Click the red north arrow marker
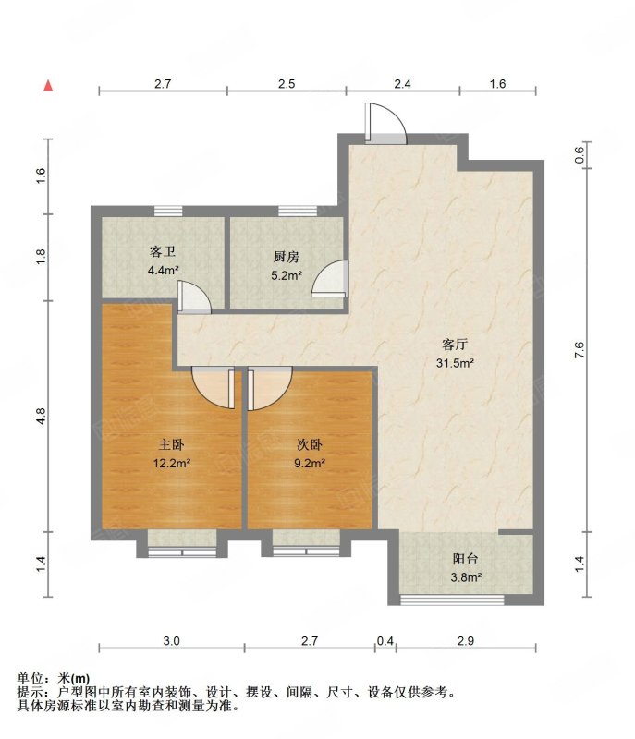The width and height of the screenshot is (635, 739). (x=48, y=86)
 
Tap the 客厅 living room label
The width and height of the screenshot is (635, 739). (x=455, y=345)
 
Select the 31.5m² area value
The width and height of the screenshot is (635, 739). (x=455, y=363)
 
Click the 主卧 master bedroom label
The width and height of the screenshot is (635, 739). (x=171, y=444)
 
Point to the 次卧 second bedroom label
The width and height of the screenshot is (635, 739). (x=310, y=444)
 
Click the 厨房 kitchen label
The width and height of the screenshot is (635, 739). (x=287, y=257)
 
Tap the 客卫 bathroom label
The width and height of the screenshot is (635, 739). (x=163, y=251)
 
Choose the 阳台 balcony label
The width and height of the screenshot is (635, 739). (x=465, y=559)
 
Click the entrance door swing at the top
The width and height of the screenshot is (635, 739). (x=385, y=124)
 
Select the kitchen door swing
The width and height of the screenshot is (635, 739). (x=330, y=279)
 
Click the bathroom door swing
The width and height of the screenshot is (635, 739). (x=194, y=297)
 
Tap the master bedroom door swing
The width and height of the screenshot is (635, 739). (x=214, y=388)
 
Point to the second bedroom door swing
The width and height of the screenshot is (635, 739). (x=270, y=388)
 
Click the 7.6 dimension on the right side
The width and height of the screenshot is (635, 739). (x=580, y=350)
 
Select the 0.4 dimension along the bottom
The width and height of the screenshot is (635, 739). (x=385, y=641)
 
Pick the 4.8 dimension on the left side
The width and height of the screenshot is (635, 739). (x=41, y=417)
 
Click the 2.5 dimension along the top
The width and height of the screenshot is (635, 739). (x=287, y=84)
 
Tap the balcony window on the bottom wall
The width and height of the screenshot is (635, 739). (x=452, y=600)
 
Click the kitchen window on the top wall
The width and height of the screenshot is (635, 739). (x=297, y=211)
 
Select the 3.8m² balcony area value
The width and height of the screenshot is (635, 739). (x=466, y=577)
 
